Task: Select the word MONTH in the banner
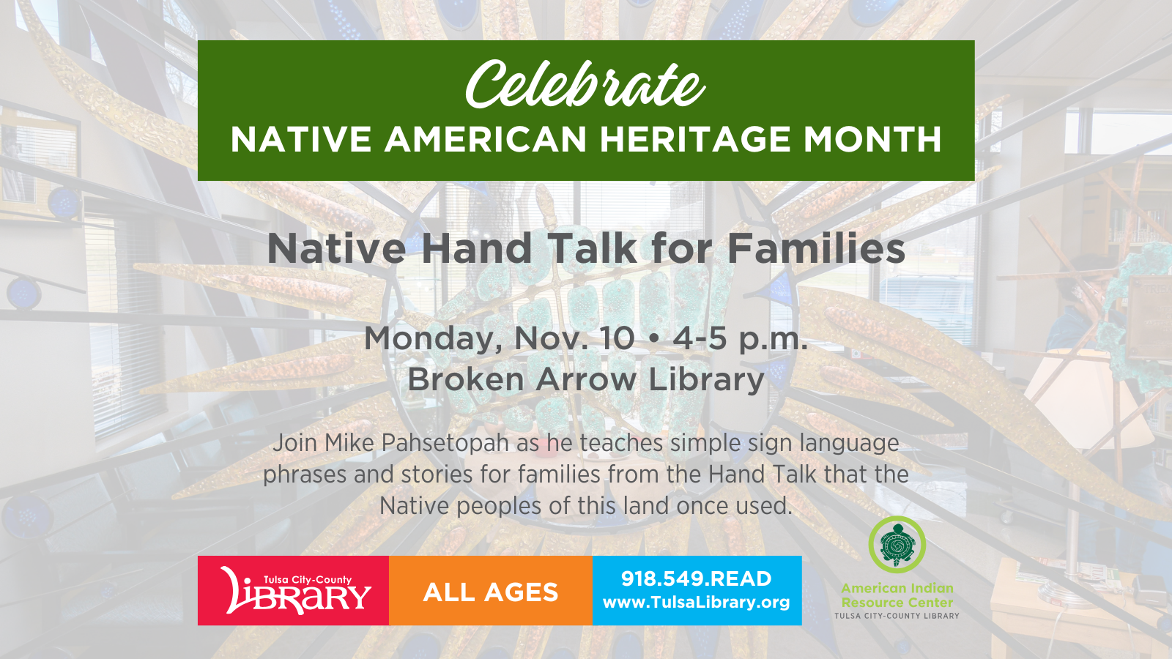(872, 139)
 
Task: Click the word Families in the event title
(816, 248)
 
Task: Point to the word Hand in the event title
(477, 248)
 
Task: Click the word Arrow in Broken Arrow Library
(586, 379)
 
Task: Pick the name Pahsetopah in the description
(445, 444)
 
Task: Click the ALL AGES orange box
(491, 591)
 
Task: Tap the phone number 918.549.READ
(697, 579)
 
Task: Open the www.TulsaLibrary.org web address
(697, 603)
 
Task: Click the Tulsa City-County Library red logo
(293, 591)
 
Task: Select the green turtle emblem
(897, 545)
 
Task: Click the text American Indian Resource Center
(897, 596)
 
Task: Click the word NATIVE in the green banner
(301, 139)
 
